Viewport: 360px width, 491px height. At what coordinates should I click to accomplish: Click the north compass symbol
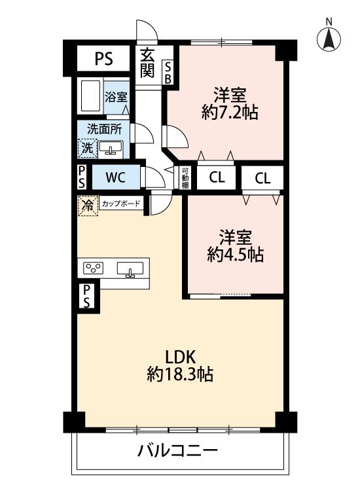(329, 39)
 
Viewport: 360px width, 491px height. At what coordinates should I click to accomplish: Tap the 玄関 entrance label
(147, 64)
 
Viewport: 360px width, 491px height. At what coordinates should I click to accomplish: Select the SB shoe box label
(168, 73)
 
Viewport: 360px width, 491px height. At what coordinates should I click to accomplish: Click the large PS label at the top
(104, 58)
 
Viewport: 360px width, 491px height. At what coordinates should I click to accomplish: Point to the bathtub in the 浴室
(90, 96)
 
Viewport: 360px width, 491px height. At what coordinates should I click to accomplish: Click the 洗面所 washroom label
(104, 129)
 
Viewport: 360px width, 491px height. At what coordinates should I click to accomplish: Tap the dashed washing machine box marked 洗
(87, 148)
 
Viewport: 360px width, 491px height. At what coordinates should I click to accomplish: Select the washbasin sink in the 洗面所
(111, 148)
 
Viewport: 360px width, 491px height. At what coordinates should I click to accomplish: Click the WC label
(115, 177)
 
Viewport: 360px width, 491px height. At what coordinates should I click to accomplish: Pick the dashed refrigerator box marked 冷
(88, 206)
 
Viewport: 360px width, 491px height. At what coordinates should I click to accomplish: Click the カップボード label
(121, 204)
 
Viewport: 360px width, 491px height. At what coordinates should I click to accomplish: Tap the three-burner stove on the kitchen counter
(94, 268)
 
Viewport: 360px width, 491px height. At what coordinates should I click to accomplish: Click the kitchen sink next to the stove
(130, 269)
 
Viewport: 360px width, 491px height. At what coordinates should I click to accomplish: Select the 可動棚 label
(185, 178)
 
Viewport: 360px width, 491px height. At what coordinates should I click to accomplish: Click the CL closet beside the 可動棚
(217, 177)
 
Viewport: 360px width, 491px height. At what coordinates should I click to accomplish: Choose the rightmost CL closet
(262, 178)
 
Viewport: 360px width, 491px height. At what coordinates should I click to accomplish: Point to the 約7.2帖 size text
(230, 113)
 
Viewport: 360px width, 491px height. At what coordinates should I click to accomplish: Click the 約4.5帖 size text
(235, 255)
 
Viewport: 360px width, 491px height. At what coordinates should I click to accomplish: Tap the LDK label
(180, 357)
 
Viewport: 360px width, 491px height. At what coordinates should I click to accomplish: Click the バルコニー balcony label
(177, 451)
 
